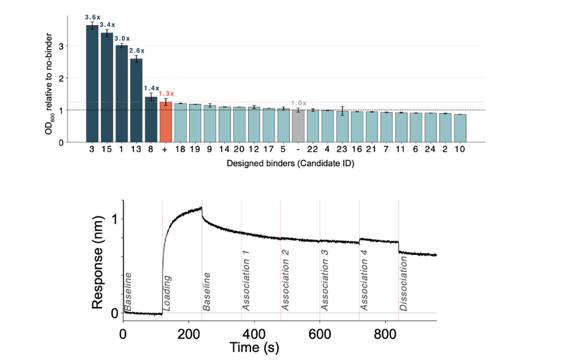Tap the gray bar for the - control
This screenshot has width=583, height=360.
(298, 125)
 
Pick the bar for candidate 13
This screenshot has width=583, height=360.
(137, 100)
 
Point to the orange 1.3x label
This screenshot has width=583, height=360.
(166, 93)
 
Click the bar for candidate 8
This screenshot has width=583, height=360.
(151, 119)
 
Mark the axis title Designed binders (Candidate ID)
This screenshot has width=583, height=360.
(290, 164)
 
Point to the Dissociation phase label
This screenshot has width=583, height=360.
(404, 285)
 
